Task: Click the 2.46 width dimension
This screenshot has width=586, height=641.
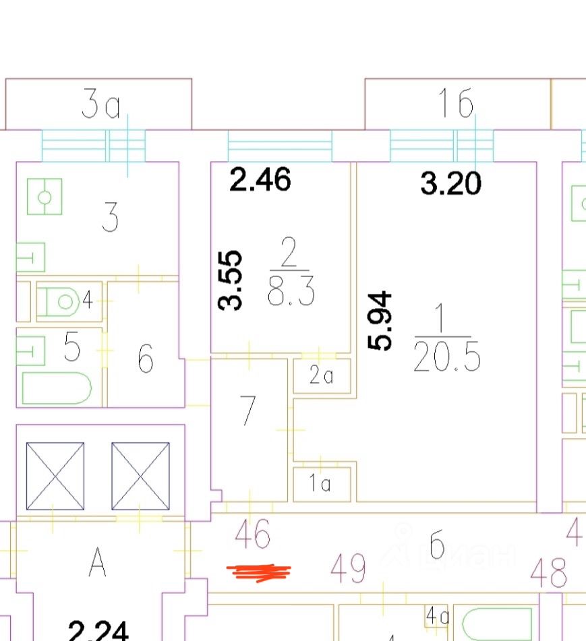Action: pyautogui.click(x=260, y=180)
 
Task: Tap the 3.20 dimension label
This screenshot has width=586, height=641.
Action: pyautogui.click(x=451, y=183)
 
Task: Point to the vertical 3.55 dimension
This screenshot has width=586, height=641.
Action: pyautogui.click(x=231, y=280)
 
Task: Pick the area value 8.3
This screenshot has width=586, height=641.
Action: pyautogui.click(x=290, y=294)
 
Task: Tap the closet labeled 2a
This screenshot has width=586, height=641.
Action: pyautogui.click(x=322, y=375)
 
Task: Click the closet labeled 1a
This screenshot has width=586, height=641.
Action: pyautogui.click(x=322, y=484)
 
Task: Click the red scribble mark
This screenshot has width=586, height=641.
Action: pyautogui.click(x=260, y=572)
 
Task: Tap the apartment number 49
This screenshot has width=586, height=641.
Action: pyautogui.click(x=349, y=568)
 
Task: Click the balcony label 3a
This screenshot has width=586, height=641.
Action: pyautogui.click(x=100, y=106)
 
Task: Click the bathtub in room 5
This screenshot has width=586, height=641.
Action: pyautogui.click(x=57, y=388)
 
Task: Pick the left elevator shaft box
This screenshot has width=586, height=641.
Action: pyautogui.click(x=55, y=476)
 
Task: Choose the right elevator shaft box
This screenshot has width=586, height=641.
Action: pyautogui.click(x=140, y=476)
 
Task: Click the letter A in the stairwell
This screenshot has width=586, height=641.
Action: pyautogui.click(x=98, y=563)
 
